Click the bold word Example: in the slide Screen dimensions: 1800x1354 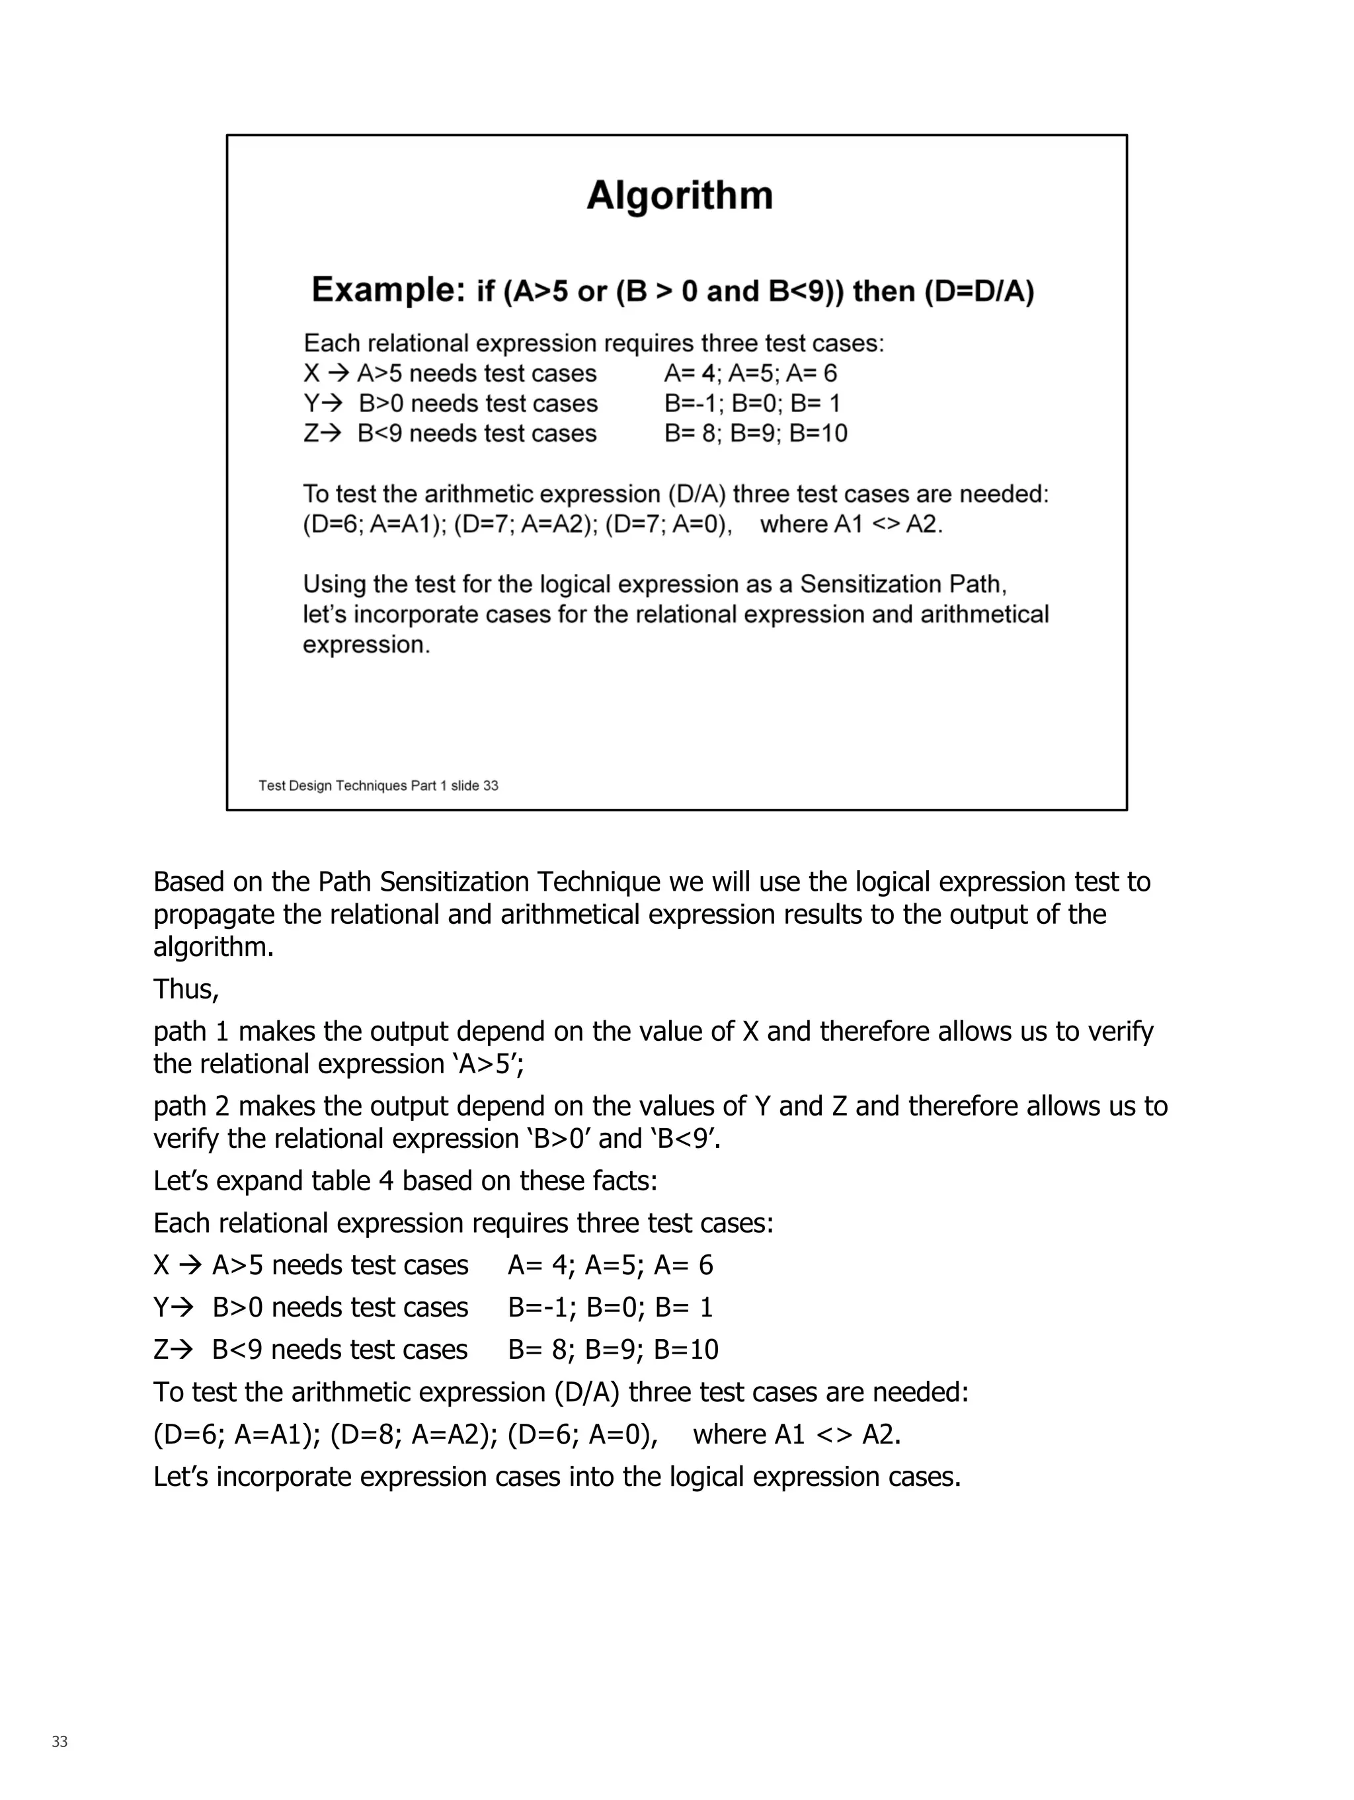pos(387,290)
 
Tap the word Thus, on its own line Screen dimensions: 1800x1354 pos(186,989)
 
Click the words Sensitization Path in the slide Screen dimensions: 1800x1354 pos(902,585)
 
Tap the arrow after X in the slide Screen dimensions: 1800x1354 pos(339,374)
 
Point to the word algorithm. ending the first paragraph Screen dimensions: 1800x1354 pos(213,947)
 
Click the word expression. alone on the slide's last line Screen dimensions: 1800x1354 pos(366,645)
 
